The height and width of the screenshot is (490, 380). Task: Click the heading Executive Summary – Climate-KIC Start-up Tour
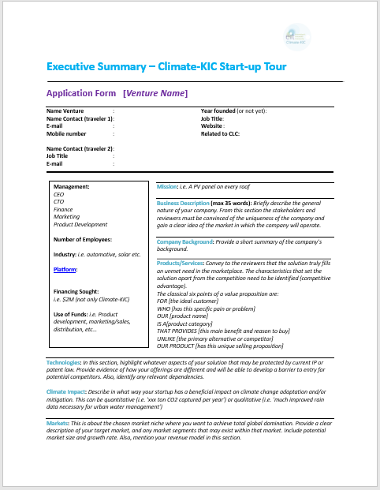(x=166, y=66)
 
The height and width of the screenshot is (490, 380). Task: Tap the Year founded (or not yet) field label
(x=233, y=111)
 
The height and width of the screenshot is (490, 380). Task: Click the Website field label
(x=212, y=125)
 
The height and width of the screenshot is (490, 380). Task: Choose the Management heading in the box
(x=72, y=186)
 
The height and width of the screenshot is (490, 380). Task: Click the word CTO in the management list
(x=58, y=200)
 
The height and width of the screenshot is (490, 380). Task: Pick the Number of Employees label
(x=82, y=238)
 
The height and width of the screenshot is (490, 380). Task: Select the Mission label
(x=167, y=186)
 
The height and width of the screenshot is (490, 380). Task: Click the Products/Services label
(x=181, y=263)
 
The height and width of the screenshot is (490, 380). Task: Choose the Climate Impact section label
(x=67, y=391)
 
